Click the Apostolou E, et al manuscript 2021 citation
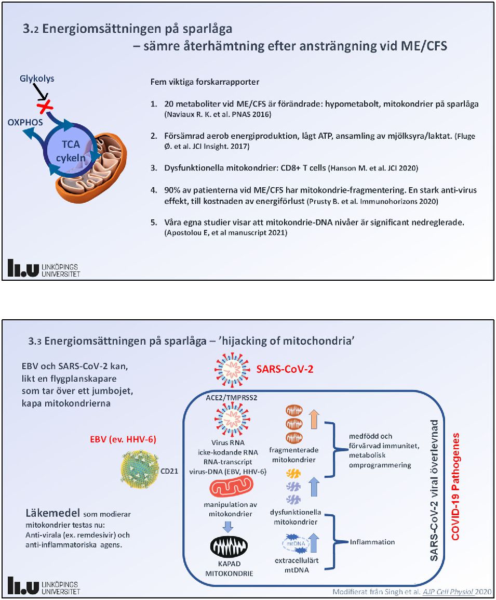225,233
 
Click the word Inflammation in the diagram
372,542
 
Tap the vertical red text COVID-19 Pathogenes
455,481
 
